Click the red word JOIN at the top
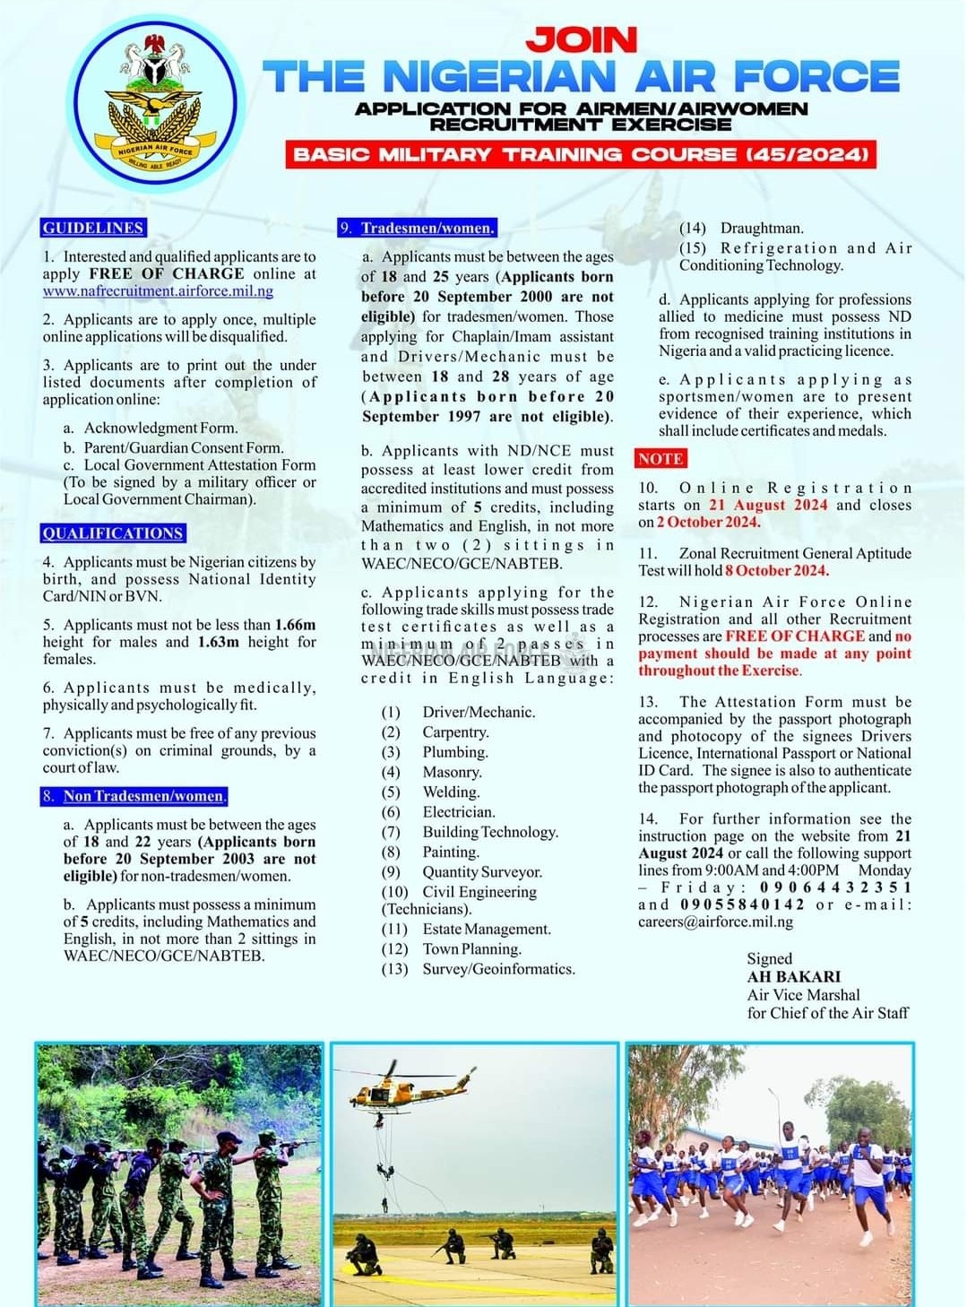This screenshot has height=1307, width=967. pos(582,39)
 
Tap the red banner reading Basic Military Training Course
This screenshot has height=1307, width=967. pos(582,154)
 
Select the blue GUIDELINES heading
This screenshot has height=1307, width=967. pos(93,228)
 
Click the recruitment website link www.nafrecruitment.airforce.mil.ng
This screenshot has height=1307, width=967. pos(158,291)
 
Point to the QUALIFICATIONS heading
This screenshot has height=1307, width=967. pos(113,533)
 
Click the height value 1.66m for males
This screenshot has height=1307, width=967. pos(295,625)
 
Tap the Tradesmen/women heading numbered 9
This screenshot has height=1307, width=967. pos(418,228)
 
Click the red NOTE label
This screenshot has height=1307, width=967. pos(660,459)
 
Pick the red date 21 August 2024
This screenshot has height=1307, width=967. pos(768,505)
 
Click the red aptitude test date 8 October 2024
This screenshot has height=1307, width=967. pos(777,570)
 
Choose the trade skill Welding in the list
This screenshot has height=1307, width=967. pos(451,792)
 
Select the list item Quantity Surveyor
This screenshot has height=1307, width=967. pos(482,872)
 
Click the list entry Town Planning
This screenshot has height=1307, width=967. pos(471,949)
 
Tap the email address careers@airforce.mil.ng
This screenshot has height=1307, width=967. pos(715,922)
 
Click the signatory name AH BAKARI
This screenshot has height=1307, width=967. pos(794,977)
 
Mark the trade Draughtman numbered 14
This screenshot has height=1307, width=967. pos(761,229)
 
